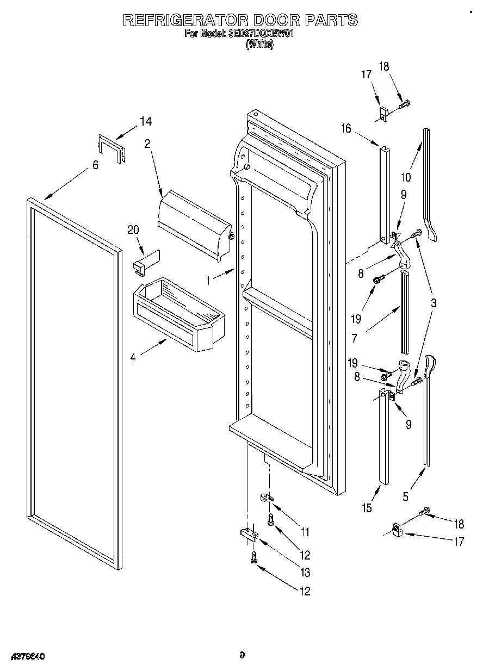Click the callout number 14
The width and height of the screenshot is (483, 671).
[x=145, y=122]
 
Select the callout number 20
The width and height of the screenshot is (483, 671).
[x=133, y=230]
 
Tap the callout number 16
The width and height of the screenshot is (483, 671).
[x=346, y=128]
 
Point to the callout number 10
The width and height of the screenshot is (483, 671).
[x=405, y=177]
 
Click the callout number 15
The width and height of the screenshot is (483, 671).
[x=367, y=508]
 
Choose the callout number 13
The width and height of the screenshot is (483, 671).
[x=305, y=572]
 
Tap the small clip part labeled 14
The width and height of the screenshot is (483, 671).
[x=112, y=147]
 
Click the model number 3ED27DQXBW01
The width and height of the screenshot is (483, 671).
[x=263, y=34]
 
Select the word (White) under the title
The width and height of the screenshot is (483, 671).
[x=259, y=46]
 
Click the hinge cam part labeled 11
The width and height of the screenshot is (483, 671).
[x=266, y=497]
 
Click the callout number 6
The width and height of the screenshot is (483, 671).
[x=95, y=165]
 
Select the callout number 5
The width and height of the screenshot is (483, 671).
[x=405, y=496]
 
